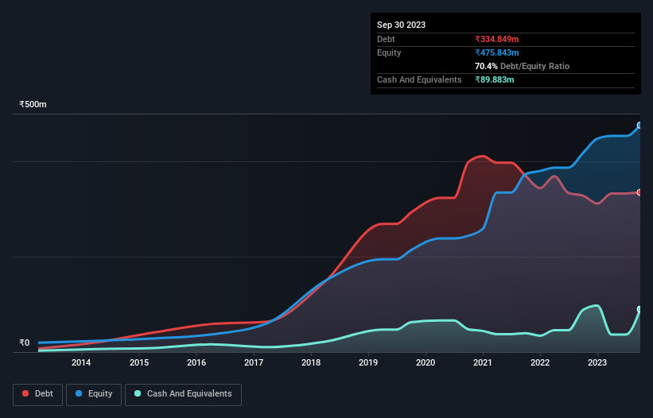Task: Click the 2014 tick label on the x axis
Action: pos(81,362)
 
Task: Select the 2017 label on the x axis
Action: pos(254,362)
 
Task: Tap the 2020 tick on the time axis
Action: pos(426,362)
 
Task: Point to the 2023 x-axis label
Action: pos(597,362)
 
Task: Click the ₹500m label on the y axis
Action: pos(33,104)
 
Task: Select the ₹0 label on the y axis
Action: pos(24,343)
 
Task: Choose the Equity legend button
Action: pos(94,394)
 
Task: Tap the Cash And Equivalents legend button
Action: pos(183,394)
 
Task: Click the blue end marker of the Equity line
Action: pos(639,126)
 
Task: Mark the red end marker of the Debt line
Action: pos(639,192)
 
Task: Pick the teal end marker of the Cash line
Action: pos(639,309)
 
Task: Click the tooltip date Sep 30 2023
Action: pos(401,25)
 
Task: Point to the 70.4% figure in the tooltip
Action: pos(488,66)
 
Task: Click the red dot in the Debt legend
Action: pos(26,394)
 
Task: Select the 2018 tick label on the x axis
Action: pos(311,362)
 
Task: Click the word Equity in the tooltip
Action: pos(389,52)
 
